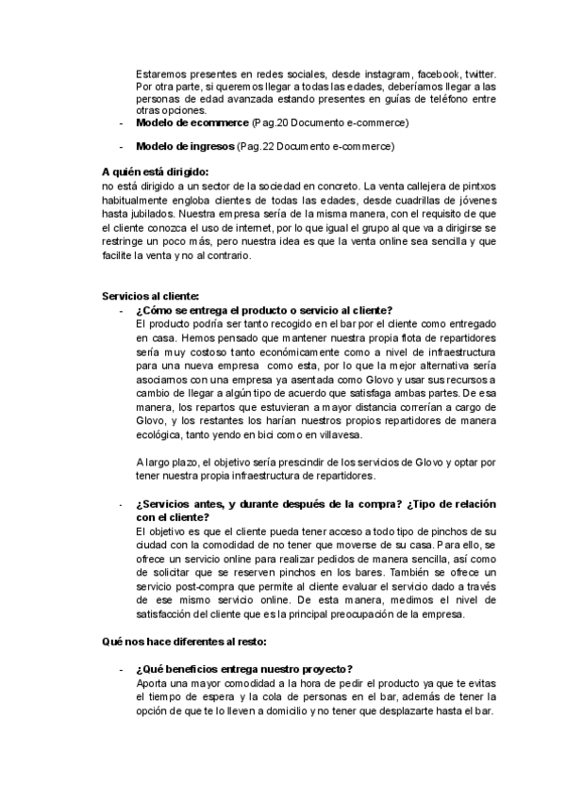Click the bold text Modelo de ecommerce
click(x=191, y=123)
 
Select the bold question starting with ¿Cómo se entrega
click(x=264, y=311)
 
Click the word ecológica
click(x=163, y=434)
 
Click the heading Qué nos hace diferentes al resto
click(x=185, y=642)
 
